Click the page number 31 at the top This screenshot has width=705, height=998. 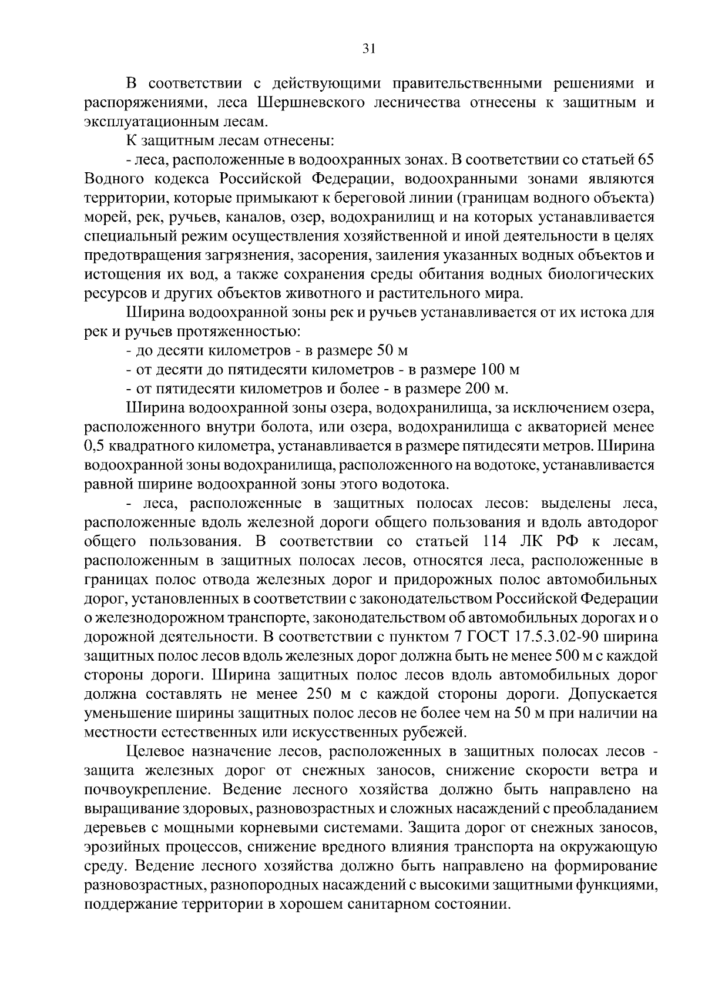pos(368,49)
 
